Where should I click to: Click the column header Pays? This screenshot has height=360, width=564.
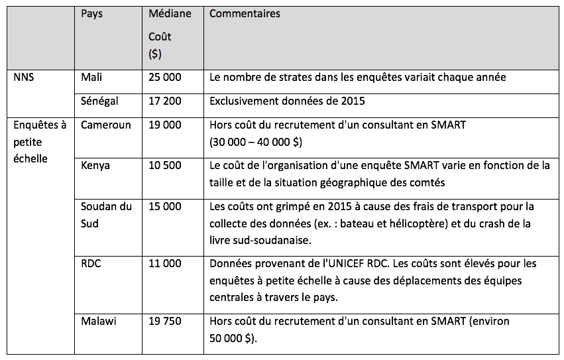click(92, 14)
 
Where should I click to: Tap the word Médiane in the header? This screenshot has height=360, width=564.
click(170, 14)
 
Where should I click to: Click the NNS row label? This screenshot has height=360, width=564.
click(24, 78)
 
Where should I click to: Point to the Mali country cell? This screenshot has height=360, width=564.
click(91, 78)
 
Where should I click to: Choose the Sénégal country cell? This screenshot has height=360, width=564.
click(99, 101)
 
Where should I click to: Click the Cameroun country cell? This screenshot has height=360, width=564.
click(106, 125)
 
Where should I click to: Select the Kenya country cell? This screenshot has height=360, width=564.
click(95, 165)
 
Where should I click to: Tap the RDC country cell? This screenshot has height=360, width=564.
click(91, 263)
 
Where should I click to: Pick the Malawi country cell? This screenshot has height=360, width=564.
click(99, 322)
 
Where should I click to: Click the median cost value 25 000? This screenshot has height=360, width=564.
click(164, 78)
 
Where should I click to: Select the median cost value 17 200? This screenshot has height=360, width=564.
click(164, 101)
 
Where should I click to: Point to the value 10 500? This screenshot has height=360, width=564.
click(164, 165)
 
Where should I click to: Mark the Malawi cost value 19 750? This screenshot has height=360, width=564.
click(164, 322)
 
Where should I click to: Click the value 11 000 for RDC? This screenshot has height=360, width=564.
click(164, 263)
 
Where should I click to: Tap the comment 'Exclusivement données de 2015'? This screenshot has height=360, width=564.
click(287, 101)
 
